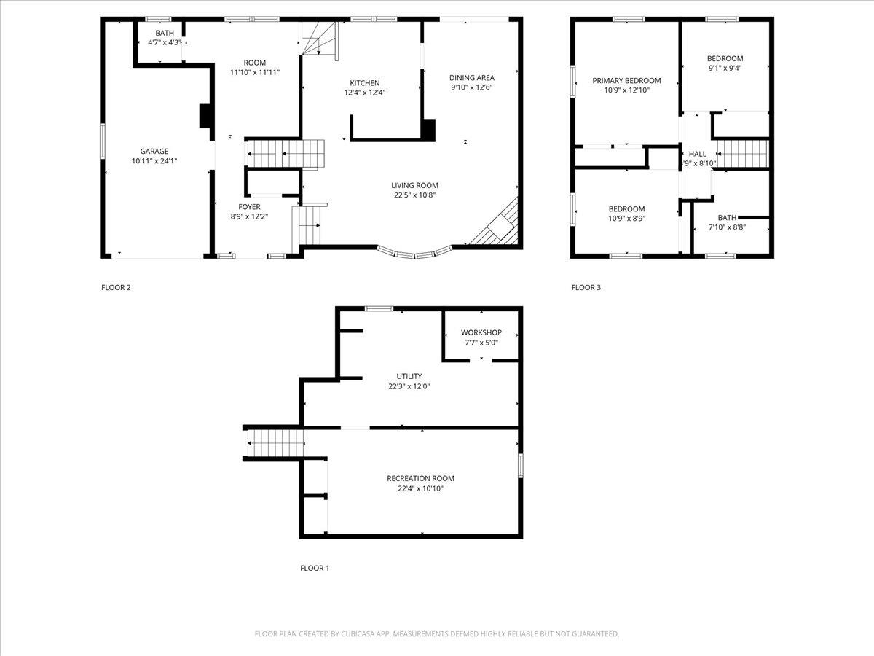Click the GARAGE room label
click(154, 152)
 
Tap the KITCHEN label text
click(364, 83)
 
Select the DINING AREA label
click(472, 78)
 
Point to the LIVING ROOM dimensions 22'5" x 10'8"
click(414, 195)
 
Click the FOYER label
click(250, 207)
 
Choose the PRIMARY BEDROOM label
click(626, 81)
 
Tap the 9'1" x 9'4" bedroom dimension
click(725, 69)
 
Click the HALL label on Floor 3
click(698, 154)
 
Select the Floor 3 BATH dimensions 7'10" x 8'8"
click(727, 227)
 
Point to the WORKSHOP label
click(481, 332)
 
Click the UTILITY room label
click(410, 377)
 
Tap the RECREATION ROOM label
click(420, 479)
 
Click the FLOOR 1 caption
click(315, 568)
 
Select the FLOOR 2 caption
click(116, 287)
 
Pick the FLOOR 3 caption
click(586, 287)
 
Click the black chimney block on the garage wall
click(205, 115)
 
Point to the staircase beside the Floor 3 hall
click(744, 155)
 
